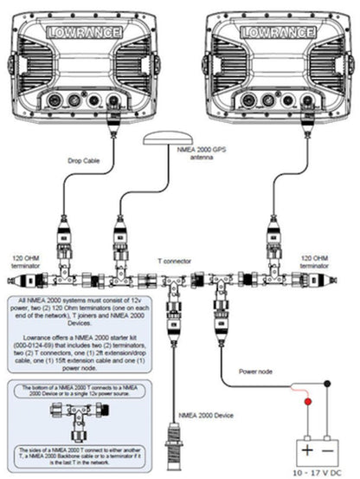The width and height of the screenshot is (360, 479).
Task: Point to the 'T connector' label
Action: tap(174, 258)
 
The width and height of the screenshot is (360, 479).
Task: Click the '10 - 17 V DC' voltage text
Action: tap(313, 471)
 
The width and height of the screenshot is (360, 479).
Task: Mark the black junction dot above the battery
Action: tap(326, 383)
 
